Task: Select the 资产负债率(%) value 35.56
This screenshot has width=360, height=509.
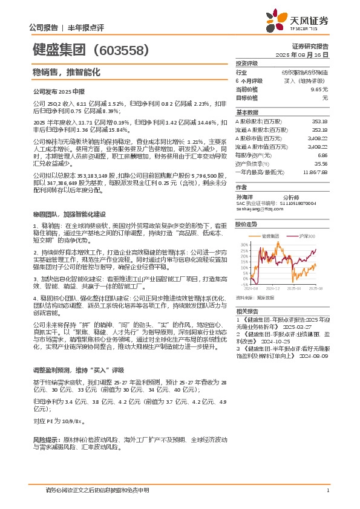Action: coord(321,163)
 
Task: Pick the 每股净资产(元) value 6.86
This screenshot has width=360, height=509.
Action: coord(322,155)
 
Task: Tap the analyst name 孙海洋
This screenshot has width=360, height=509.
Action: coord(243,198)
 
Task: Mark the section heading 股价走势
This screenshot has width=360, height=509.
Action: coord(246,224)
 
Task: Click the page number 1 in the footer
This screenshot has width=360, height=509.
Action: coord(327,490)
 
